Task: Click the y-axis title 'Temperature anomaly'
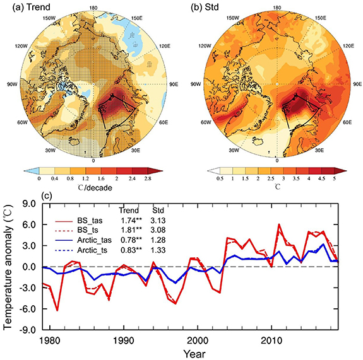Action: (9, 266)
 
